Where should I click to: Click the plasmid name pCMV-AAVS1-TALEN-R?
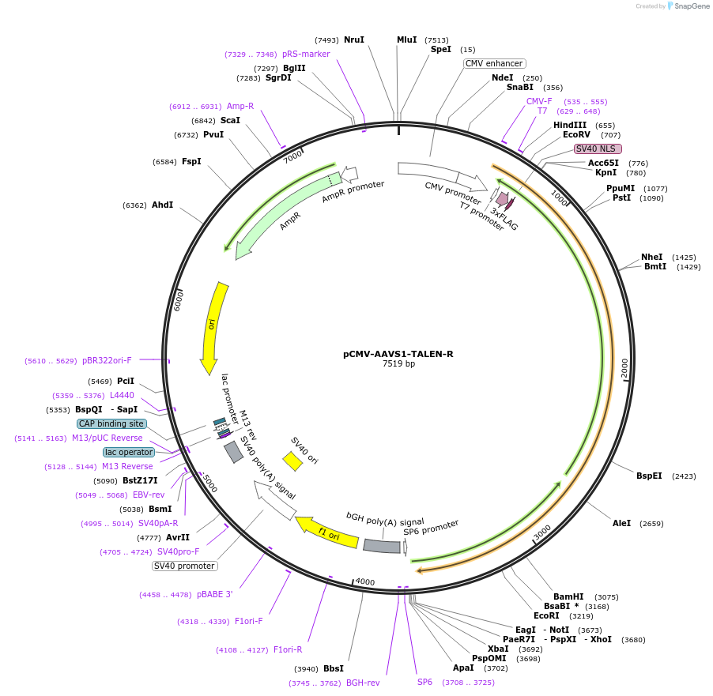pos(398,354)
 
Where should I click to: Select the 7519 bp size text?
pos(398,364)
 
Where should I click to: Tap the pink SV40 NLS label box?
pos(598,149)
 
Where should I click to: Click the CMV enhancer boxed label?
pos(495,63)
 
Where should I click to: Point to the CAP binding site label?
pos(111,423)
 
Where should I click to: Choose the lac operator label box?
pos(128,452)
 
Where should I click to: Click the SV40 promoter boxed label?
pos(185,566)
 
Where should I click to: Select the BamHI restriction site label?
pos(568,597)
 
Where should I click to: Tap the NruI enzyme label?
pos(354,40)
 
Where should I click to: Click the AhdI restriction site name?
pos(162,205)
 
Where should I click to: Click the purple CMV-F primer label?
pos(539,101)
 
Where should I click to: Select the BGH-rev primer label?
pos(363,683)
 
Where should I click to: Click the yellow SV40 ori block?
pos(292,461)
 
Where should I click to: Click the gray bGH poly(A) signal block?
pos(381,545)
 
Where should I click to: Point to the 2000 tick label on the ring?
pos(624,367)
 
